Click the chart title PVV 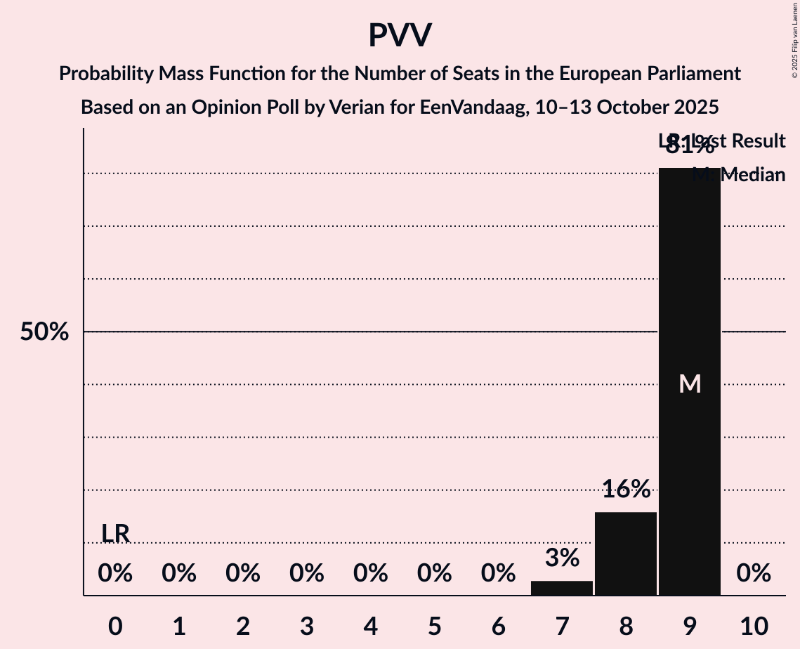pos(400,36)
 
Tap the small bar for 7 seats pos(562,588)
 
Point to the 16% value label pos(626,490)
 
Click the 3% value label pos(562,558)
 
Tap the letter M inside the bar pos(690,383)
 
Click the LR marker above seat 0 pos(115,534)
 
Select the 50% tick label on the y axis pos(44,332)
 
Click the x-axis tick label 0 pos(115,627)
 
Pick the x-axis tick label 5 pos(434,627)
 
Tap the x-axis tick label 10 pos(754,627)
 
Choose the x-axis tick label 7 pos(562,627)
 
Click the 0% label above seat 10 pos(754,574)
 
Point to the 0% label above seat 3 pos(307,574)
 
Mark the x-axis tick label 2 pos(243,627)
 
